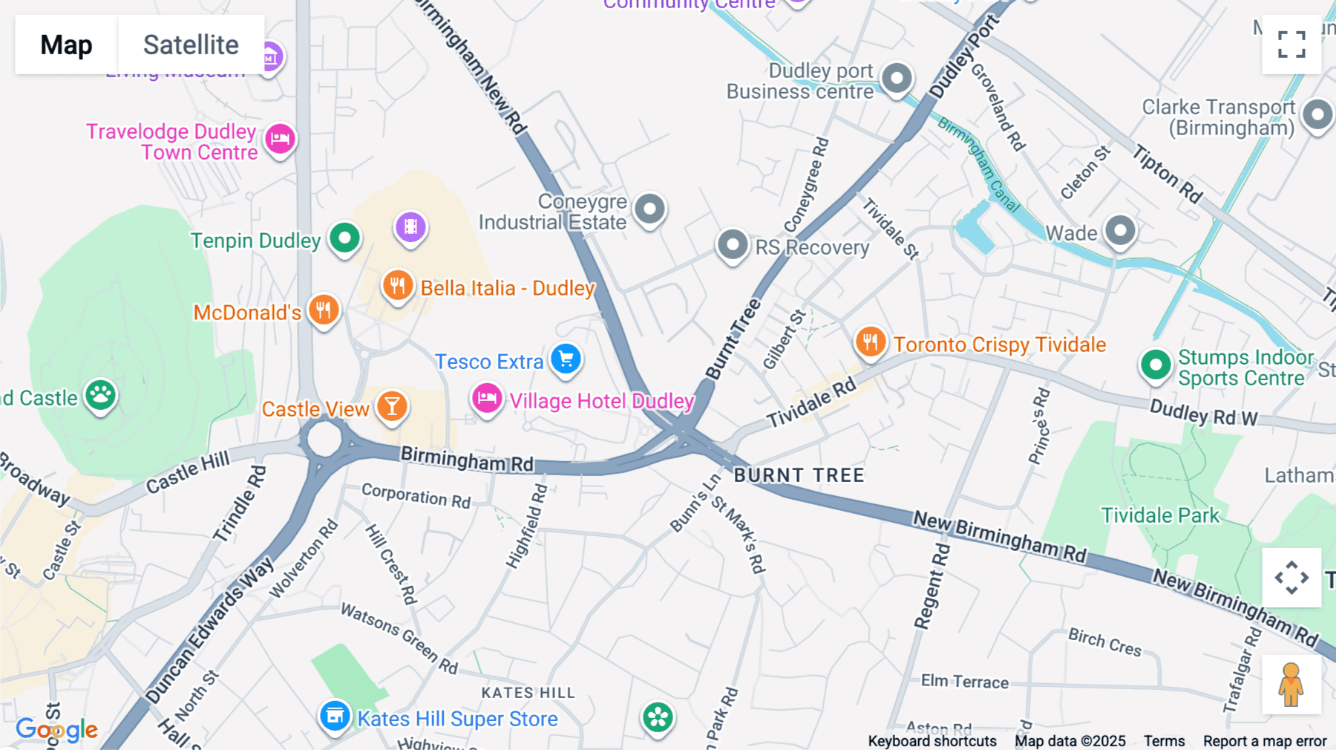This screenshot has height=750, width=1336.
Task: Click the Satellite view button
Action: coord(191,45)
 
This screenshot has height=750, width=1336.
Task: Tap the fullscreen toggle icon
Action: coord(1291,45)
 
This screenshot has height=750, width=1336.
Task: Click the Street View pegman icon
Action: coord(1291,684)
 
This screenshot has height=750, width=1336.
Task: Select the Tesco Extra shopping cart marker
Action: coord(566,359)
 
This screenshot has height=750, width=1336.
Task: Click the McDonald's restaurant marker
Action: coord(324,310)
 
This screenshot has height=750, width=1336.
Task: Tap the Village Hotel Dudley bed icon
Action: coord(487,399)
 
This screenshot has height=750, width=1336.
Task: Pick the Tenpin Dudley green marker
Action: coord(344,238)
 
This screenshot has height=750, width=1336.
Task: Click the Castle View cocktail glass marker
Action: coord(392,406)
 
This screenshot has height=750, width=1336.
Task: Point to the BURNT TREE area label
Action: coord(799,475)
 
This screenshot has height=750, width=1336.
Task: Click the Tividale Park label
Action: coord(1159,515)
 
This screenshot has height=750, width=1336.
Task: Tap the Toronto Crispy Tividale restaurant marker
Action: coord(870,342)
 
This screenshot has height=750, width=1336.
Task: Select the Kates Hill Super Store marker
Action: coord(335,717)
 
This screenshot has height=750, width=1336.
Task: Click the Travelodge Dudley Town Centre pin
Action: coord(280,138)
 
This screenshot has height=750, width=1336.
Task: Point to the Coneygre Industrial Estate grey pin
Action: coord(649,209)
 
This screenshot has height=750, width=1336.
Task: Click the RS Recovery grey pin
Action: coord(733,244)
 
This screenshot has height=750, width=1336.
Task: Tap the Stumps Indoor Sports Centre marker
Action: coord(1155,365)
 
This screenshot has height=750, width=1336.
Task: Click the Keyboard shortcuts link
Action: coord(932,741)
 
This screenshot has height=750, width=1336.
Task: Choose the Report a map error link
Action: coord(1265,741)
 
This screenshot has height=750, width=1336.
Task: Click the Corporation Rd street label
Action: coord(416,495)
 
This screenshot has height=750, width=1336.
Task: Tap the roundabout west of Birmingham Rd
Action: coord(324,439)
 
